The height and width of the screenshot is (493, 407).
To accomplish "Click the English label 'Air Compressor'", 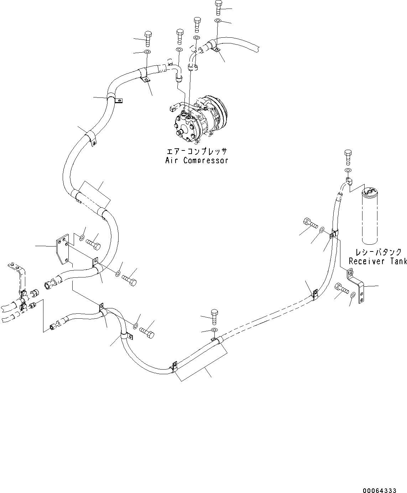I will [197, 160].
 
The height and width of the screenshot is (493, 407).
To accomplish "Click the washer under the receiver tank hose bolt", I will [348, 170].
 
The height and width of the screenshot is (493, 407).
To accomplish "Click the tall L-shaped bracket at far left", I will [20, 277].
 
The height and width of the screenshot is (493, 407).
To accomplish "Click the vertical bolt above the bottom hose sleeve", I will [214, 316].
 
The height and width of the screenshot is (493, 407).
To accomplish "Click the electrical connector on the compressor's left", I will [174, 107].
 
